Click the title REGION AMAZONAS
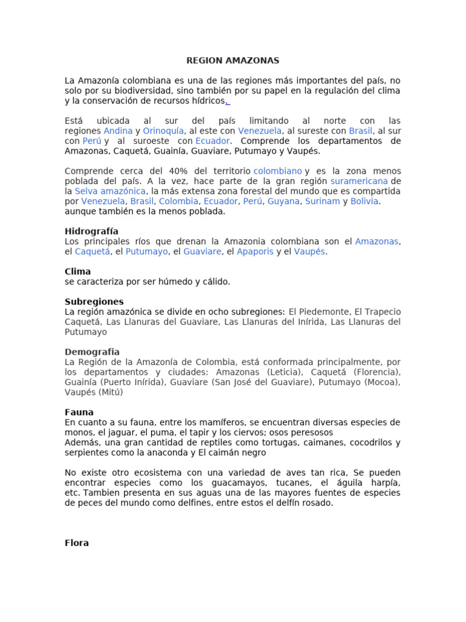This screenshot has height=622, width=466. [232, 61]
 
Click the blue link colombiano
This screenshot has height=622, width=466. [277, 171]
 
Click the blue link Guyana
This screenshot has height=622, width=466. [283, 201]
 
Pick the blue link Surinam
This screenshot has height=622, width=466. [322, 201]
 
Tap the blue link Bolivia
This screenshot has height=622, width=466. [365, 201]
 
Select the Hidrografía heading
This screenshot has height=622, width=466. [92, 231]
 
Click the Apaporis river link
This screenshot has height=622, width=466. [255, 251]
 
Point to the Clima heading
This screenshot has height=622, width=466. [78, 272]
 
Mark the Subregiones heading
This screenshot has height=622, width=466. [94, 302]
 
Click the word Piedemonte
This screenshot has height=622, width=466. [325, 312]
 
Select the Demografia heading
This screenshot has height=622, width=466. [92, 352]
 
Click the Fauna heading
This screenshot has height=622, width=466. [79, 412]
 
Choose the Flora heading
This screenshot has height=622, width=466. [76, 543]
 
